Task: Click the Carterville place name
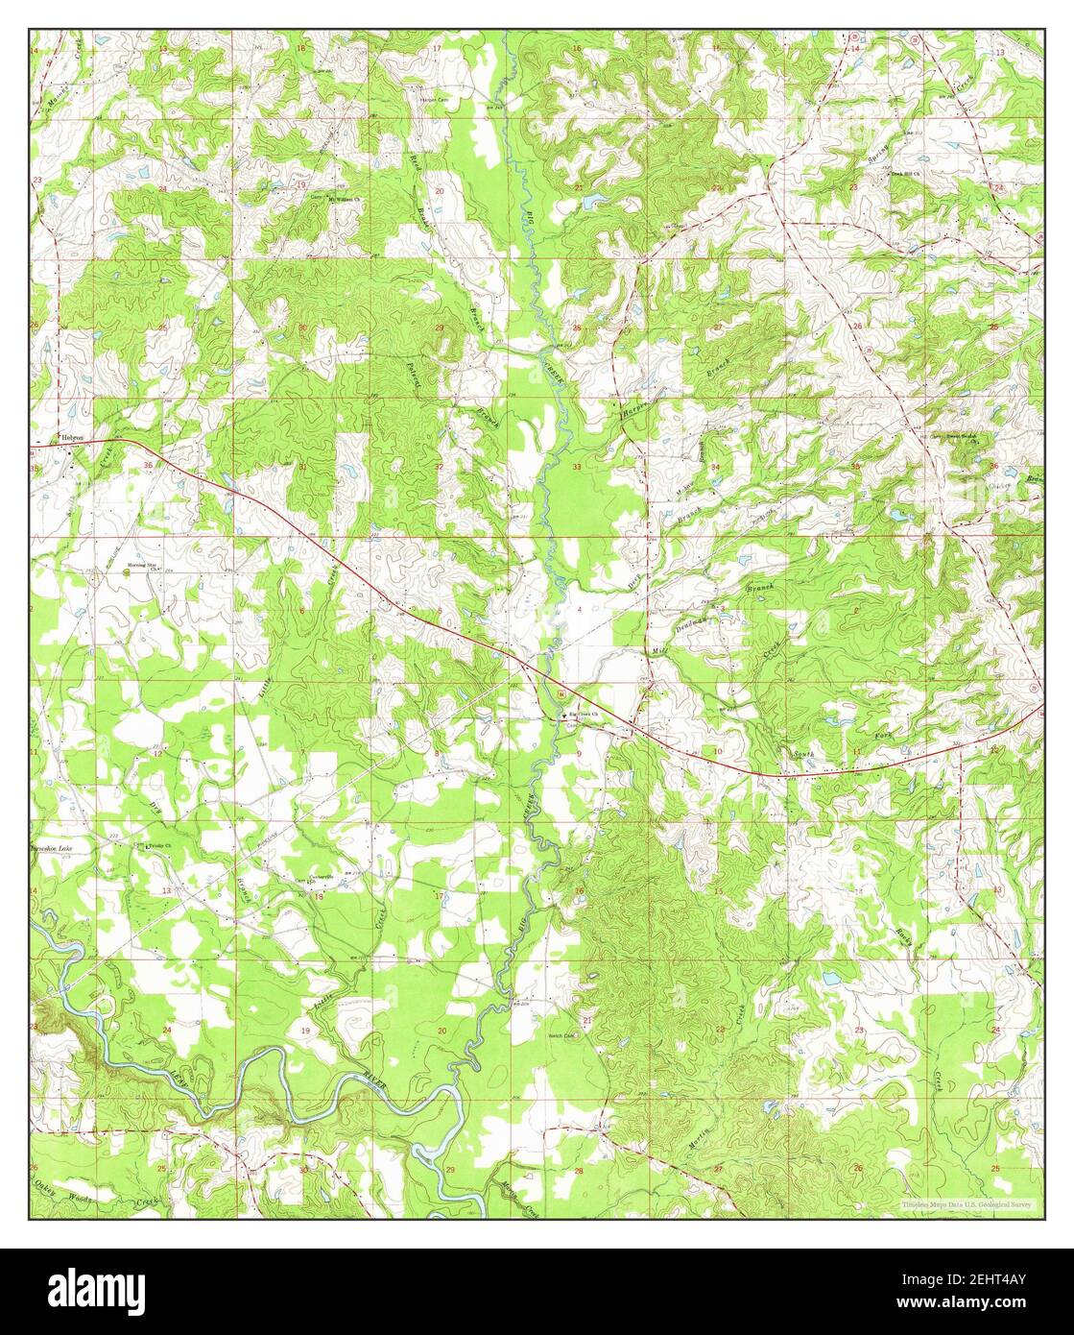(x=320, y=877)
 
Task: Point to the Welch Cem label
(x=561, y=1036)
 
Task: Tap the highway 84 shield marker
(x=559, y=693)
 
